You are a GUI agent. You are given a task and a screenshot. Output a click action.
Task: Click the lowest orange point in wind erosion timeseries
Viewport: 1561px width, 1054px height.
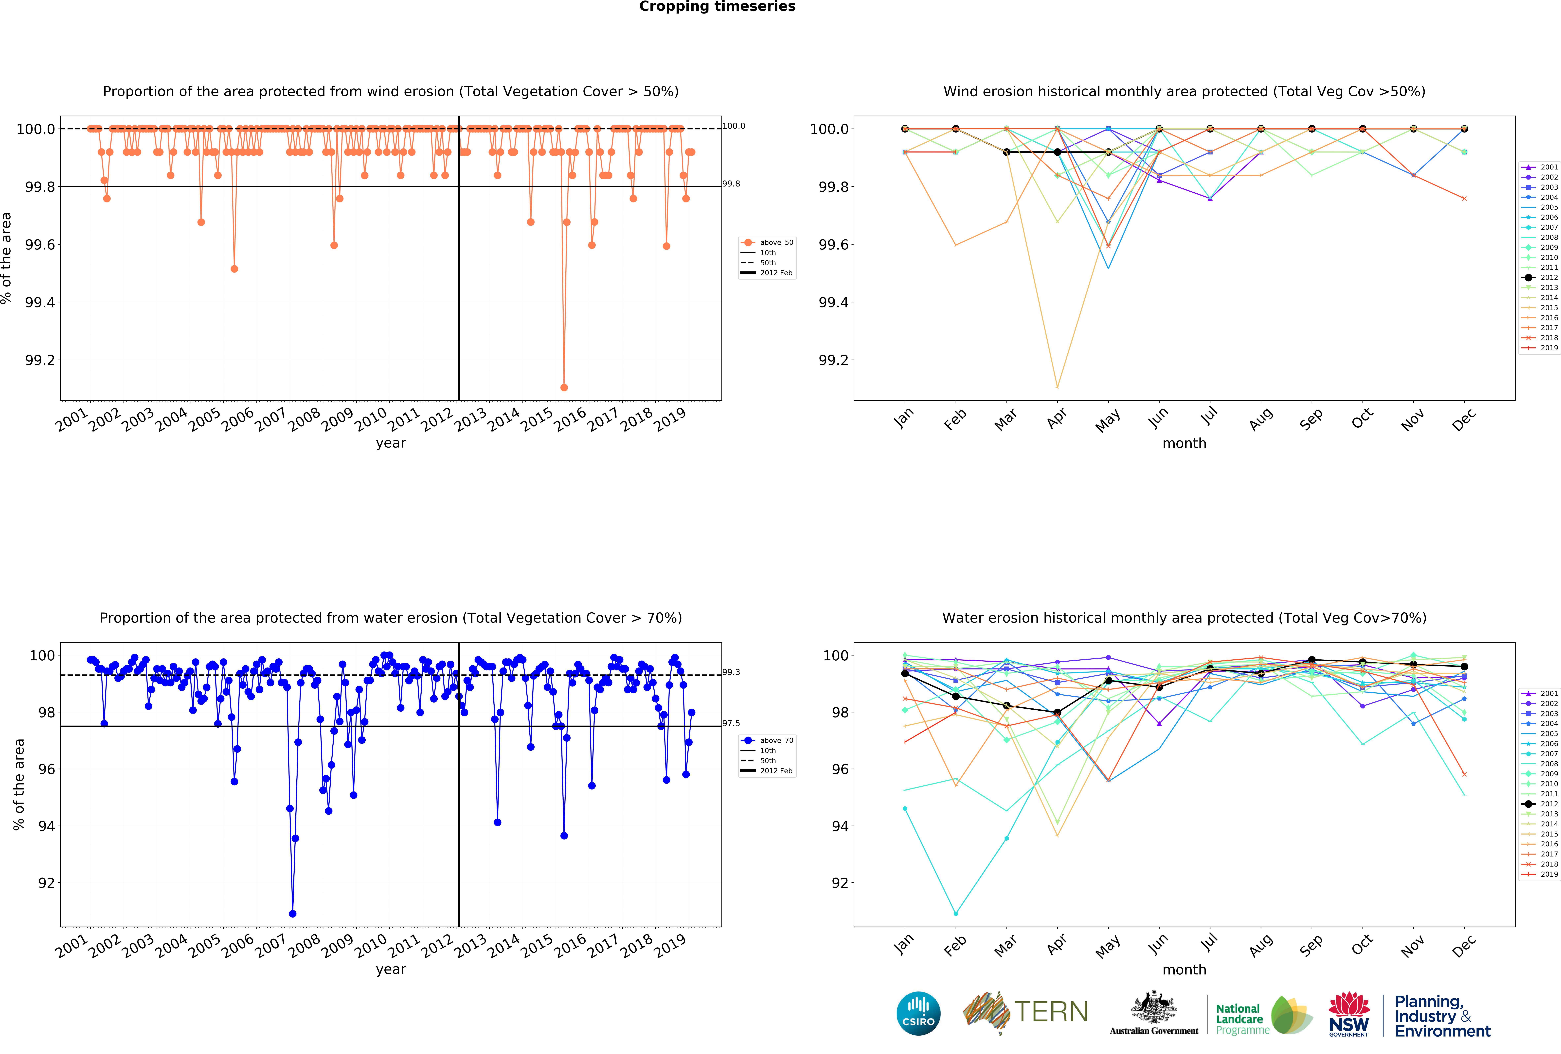point(564,387)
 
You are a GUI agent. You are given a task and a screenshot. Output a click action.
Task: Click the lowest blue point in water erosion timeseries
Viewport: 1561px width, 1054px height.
point(292,914)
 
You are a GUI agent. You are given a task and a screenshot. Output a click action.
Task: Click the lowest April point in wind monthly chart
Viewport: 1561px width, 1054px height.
point(1057,387)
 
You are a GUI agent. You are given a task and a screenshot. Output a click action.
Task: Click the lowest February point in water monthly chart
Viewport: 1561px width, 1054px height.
point(956,914)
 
